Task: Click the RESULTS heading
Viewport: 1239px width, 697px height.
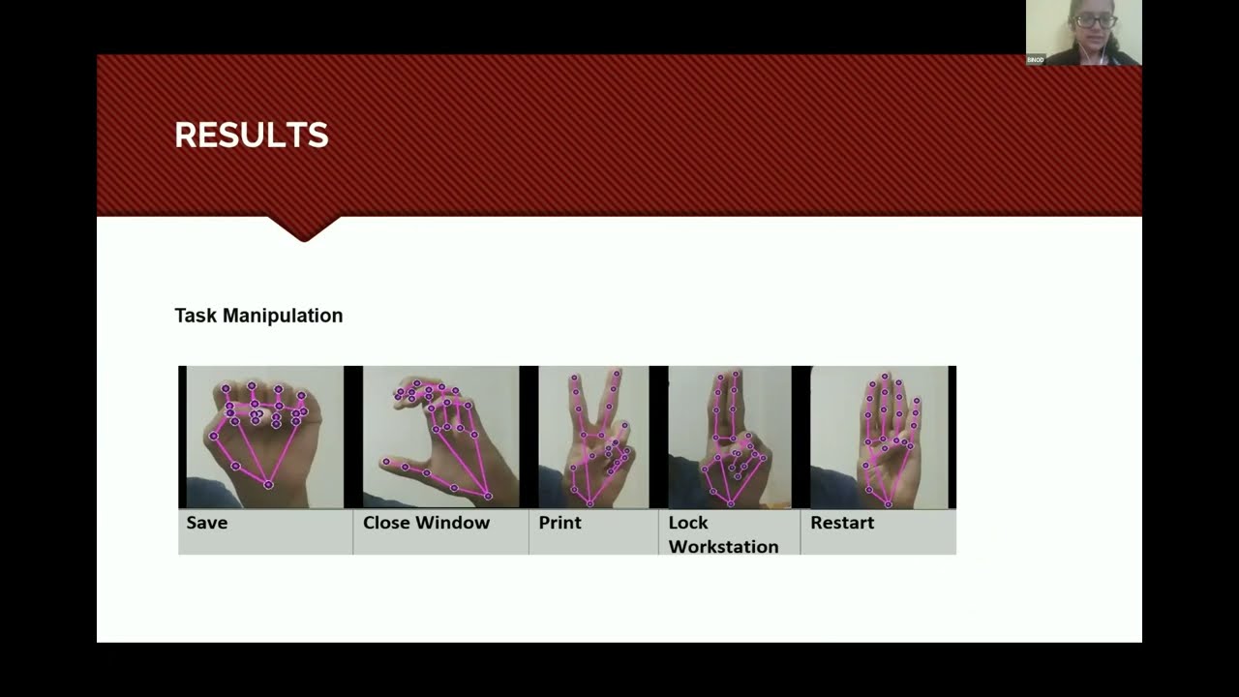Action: pos(252,136)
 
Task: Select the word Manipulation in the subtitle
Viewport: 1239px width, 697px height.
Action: pos(283,316)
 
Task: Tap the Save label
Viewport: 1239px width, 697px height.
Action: pos(207,523)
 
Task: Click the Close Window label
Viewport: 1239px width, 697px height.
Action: pos(426,523)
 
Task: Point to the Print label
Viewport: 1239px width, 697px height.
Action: pos(560,523)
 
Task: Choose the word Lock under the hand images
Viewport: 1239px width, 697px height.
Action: pos(688,523)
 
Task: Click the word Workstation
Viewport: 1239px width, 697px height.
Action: pos(723,547)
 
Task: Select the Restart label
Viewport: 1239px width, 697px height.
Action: pos(842,523)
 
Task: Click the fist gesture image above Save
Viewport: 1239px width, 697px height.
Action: pos(264,437)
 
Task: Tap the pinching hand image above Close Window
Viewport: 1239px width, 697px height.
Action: pos(440,437)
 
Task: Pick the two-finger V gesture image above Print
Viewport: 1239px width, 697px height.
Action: pos(593,437)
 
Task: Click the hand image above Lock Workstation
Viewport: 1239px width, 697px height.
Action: pos(730,437)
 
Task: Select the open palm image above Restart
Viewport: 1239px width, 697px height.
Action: pos(879,437)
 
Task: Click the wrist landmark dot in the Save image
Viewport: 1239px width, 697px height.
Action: pos(268,484)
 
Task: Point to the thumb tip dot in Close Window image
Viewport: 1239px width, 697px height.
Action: pos(386,462)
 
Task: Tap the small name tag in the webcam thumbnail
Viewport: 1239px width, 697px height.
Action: pos(1036,60)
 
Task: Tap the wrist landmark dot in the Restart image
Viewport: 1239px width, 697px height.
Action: pos(888,503)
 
